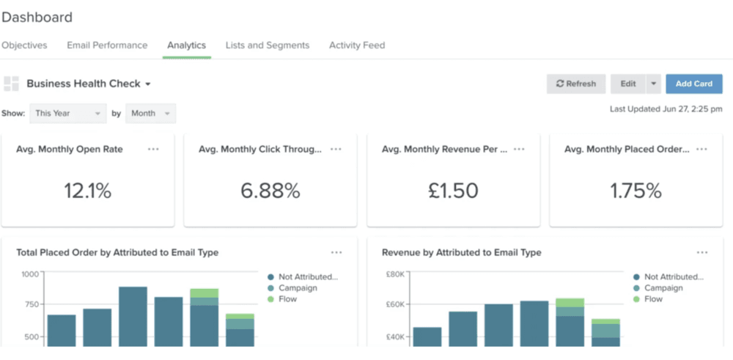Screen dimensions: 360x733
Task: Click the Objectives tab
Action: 24,45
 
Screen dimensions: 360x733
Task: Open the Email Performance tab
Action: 107,45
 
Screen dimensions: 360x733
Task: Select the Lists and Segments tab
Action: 268,45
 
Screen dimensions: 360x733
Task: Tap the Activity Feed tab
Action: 357,45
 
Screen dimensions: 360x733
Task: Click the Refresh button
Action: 576,84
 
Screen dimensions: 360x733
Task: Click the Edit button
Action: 628,84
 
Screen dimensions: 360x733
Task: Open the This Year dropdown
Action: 68,114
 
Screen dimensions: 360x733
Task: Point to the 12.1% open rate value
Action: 88,191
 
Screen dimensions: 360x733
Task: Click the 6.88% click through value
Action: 270,191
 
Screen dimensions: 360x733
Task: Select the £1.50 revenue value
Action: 453,191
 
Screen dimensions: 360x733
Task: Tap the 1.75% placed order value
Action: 636,191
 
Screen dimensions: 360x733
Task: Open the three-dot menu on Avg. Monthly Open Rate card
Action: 153,149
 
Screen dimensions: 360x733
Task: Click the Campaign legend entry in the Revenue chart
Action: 663,288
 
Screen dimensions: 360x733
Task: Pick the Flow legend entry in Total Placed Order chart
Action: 288,299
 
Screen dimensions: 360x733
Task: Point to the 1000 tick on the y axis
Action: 29,274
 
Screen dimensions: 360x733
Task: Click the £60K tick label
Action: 396,304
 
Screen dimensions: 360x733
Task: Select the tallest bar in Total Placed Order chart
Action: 133,316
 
